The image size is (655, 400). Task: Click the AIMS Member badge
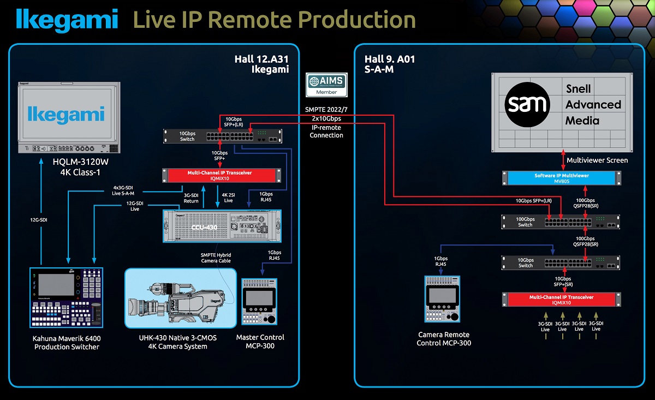(x=326, y=85)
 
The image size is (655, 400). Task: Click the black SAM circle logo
(x=527, y=104)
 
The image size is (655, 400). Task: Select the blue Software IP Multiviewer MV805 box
(x=562, y=178)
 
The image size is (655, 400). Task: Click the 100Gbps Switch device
(x=562, y=222)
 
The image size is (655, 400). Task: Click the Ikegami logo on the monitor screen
(x=67, y=115)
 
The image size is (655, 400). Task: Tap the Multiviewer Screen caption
(x=597, y=160)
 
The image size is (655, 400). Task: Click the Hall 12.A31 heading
(x=261, y=59)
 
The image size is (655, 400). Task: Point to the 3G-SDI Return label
(x=191, y=198)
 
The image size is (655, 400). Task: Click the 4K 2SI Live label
(x=228, y=198)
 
